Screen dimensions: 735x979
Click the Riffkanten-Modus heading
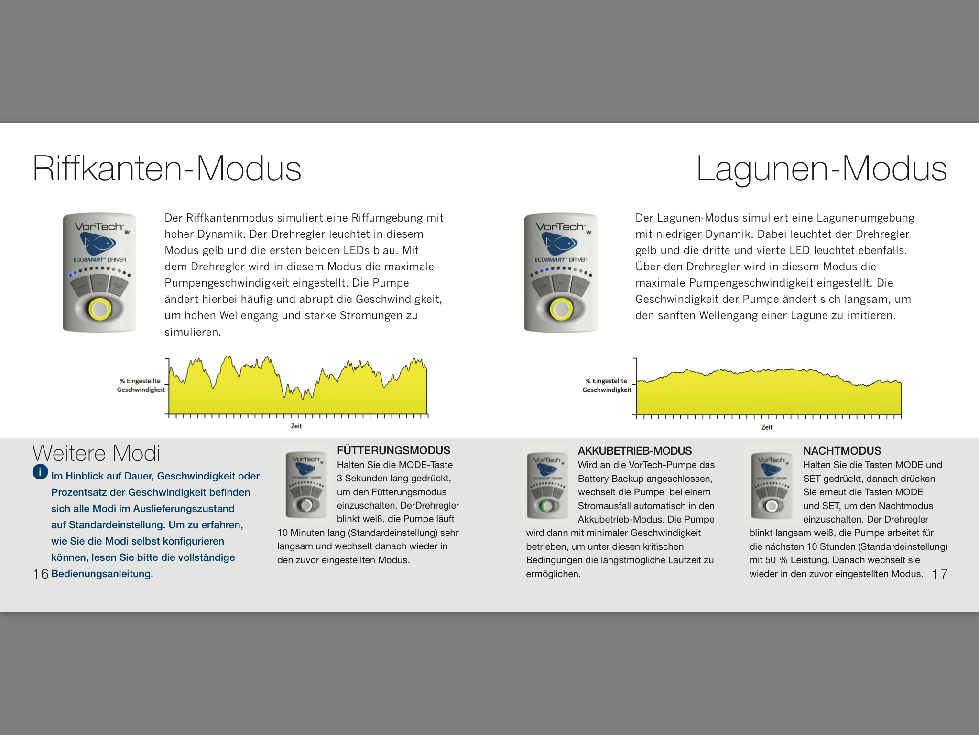(167, 168)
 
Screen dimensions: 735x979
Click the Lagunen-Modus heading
(821, 168)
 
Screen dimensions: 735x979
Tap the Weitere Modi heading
(96, 453)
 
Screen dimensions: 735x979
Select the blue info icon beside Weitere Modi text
(40, 472)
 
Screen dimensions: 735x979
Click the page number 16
(41, 574)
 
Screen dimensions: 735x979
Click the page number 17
(940, 574)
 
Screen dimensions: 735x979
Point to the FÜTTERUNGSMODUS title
(393, 450)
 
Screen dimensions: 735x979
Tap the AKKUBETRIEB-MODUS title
(634, 451)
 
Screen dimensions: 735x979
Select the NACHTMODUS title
(842, 451)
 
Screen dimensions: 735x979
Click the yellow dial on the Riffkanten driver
(99, 309)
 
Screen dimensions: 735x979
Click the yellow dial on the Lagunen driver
(561, 309)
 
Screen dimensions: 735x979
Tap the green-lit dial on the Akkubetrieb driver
(547, 506)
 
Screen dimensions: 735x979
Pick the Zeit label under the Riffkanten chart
(296, 426)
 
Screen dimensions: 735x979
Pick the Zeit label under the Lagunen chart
(767, 427)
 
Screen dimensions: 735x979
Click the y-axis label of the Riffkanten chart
(141, 385)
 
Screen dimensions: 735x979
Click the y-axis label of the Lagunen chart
(607, 385)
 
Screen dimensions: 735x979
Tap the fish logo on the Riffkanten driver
(98, 244)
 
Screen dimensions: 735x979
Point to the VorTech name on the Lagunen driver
(560, 227)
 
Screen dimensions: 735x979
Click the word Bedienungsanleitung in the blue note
(102, 574)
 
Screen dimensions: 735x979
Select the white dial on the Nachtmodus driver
(771, 506)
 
